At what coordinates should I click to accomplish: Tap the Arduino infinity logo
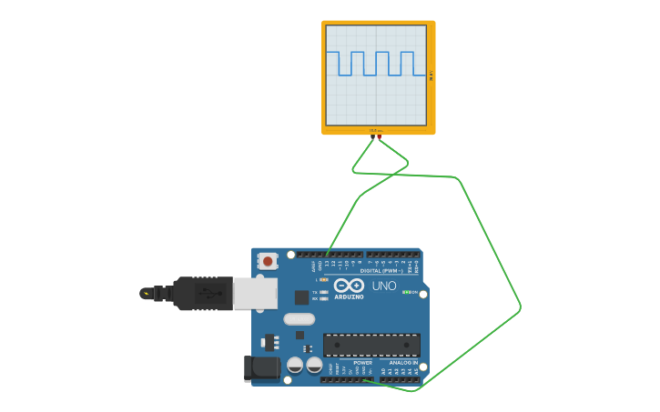tap(350, 286)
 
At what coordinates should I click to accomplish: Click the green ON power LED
tap(405, 292)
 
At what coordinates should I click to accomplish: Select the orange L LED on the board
tap(323, 279)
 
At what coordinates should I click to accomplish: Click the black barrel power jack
tap(259, 367)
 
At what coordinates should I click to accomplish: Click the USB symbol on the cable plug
tap(208, 293)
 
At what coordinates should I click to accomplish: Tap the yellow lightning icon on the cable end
tap(146, 293)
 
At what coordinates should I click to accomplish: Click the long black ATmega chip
tap(371, 345)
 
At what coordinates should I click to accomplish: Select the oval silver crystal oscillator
tap(299, 318)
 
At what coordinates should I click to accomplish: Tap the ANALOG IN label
tap(403, 362)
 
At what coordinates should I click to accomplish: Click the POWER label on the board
tap(362, 362)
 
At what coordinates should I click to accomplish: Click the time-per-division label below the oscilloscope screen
tap(375, 130)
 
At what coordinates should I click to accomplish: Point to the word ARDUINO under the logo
tap(349, 296)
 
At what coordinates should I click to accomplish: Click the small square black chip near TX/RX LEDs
tap(301, 296)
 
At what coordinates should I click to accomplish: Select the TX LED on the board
tap(324, 292)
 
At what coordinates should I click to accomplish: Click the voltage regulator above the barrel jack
tap(270, 343)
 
